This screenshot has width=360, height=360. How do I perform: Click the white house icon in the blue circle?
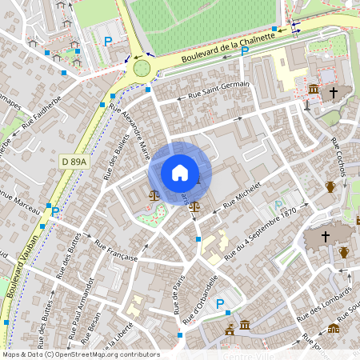(180, 172)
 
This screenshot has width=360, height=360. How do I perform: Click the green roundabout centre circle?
(142, 67)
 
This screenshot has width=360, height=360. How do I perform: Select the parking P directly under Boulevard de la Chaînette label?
(245, 51)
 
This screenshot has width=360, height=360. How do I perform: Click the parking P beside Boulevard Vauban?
(55, 212)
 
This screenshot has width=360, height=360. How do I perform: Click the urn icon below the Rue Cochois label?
(330, 187)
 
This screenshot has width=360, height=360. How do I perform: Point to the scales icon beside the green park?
(154, 194)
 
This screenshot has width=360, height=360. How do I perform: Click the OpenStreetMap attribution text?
(80, 354)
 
